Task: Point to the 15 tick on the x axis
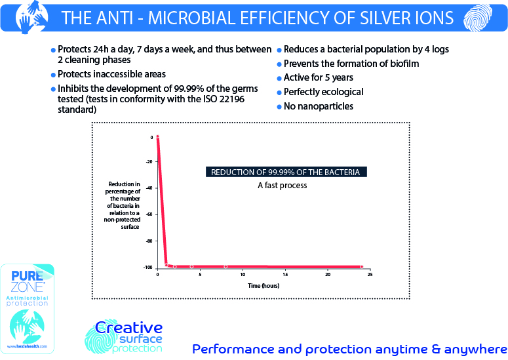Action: pos(285,274)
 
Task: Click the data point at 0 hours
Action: pos(158,136)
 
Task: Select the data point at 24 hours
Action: pos(361,267)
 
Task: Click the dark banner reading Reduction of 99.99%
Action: pos(284,172)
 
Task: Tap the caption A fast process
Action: pos(282,186)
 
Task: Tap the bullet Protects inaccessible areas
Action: pos(111,74)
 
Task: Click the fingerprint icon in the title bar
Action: pos(475,16)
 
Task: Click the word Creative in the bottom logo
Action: pos(128,327)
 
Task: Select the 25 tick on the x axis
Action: pos(370,274)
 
